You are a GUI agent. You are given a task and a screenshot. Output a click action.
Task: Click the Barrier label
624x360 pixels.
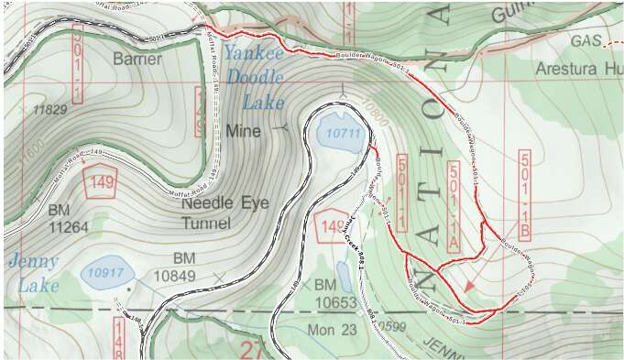click(138, 60)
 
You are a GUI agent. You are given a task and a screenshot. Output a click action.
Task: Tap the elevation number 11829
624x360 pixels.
click(50, 110)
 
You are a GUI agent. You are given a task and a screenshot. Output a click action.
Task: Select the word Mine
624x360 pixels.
click(243, 131)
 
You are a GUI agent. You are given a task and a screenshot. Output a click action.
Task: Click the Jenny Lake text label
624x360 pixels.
click(34, 272)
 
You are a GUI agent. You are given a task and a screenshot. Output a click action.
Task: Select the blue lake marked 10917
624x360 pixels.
click(107, 272)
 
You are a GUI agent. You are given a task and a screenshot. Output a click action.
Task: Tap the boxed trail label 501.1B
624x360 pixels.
click(525, 196)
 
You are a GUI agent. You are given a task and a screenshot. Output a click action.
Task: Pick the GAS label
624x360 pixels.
click(586, 41)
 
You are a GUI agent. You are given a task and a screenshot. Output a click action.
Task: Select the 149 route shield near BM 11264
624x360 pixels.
click(101, 182)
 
